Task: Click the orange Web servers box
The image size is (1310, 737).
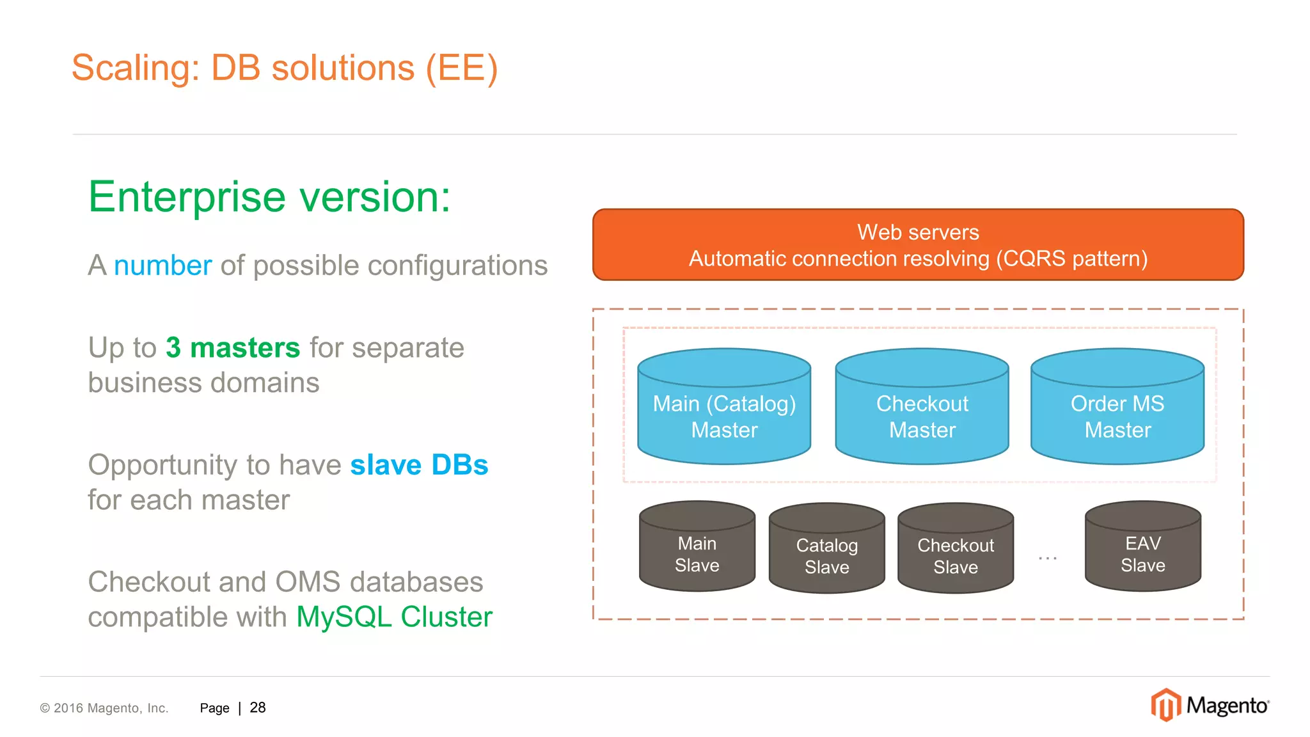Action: pos(918,244)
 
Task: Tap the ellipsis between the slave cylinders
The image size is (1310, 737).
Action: pos(1048,559)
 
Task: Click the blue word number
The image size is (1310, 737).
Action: pos(162,265)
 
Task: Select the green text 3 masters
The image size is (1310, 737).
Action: pos(233,348)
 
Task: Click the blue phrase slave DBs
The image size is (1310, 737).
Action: pos(419,465)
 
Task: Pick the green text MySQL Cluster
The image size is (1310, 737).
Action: pos(394,617)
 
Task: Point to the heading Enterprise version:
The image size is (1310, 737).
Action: pos(269,196)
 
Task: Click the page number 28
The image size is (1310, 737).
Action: pos(258,708)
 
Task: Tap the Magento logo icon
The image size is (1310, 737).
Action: pos(1165,705)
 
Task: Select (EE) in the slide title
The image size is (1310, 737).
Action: pos(461,68)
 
